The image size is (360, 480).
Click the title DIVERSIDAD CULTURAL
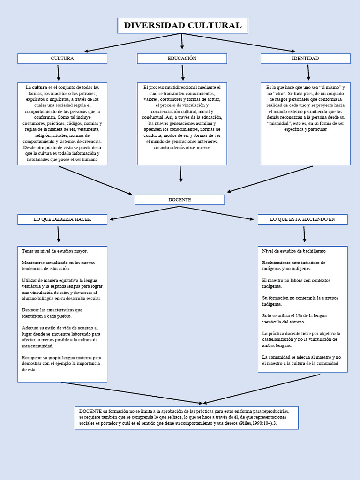pos(182,26)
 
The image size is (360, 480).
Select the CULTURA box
pos(62,59)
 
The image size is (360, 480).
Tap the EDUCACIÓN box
pos(182,59)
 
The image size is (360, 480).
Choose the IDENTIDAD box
pos(305,59)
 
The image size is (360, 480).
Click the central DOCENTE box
pos(180,200)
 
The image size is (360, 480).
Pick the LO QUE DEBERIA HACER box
pos(62,219)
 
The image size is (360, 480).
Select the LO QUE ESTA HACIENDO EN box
pos(302,219)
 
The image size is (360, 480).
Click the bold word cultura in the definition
pos(39,88)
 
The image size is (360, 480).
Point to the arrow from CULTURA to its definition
pos(59,73)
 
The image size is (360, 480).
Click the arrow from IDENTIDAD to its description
pos(308,73)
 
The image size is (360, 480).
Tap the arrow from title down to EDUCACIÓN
pos(182,41)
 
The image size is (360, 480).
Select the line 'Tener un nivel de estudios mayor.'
pos(55,251)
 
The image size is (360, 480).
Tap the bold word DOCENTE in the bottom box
pos(90,411)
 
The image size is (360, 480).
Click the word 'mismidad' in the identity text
pos(281,123)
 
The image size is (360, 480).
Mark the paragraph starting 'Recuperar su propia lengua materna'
pos(61,363)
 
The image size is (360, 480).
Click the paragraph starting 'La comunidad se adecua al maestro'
pos(301,360)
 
